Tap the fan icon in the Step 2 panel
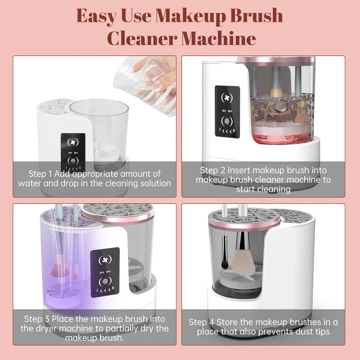(227, 98)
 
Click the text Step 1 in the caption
(42, 174)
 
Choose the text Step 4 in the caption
(202, 322)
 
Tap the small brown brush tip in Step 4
(225, 265)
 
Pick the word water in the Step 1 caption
(30, 184)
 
